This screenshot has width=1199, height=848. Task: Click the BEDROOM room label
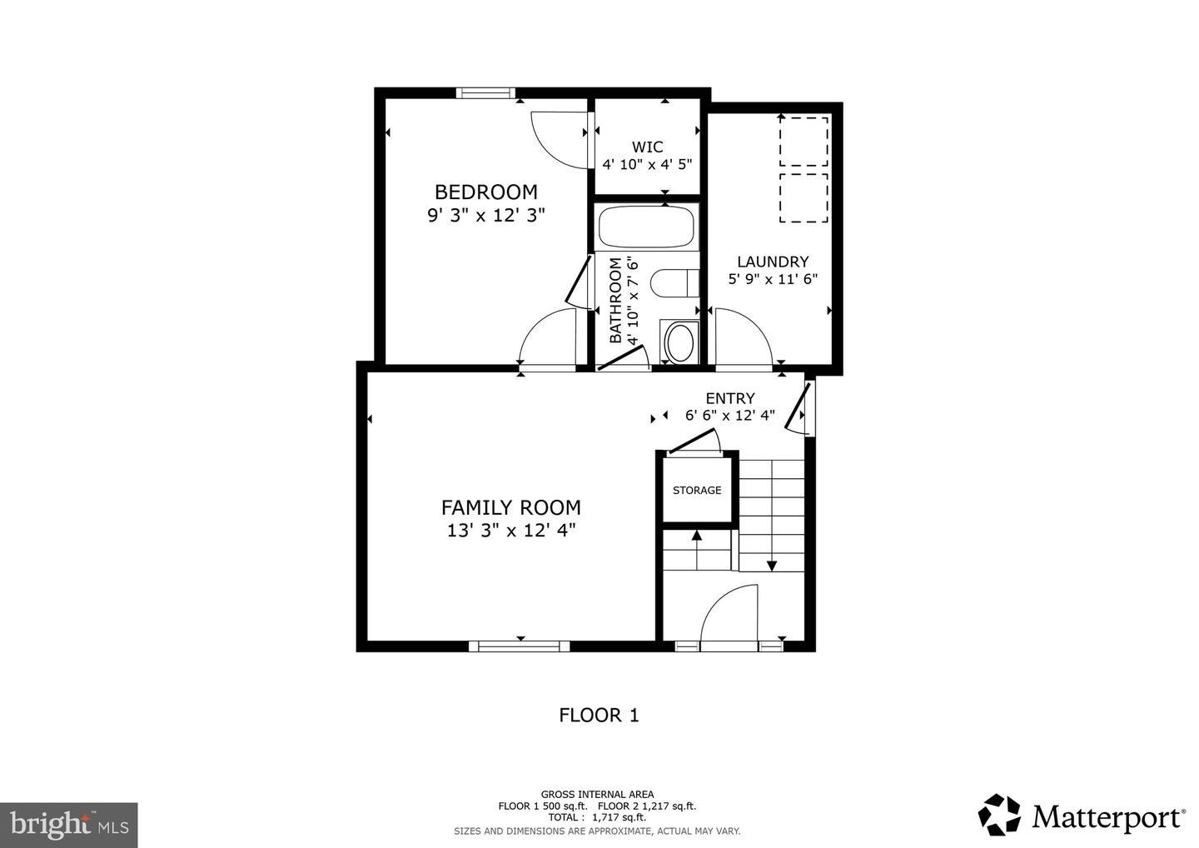coord(485,192)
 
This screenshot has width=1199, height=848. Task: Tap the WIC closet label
coord(647,147)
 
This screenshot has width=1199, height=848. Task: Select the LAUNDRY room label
coord(773,262)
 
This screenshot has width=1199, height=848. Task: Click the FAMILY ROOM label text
coord(510,507)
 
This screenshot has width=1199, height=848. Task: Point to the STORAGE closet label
coord(697,491)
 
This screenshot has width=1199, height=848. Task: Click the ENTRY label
coord(730,398)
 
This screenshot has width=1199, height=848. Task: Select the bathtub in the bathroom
coord(647,227)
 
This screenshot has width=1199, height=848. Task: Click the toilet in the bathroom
coord(673,283)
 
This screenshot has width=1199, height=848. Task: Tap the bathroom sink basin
coord(679,342)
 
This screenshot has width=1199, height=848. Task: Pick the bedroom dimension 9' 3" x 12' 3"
coord(485,215)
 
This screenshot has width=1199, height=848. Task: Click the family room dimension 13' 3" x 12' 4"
coord(510,530)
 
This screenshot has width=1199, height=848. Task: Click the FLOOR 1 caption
coord(599,715)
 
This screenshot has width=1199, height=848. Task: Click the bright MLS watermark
coord(68,825)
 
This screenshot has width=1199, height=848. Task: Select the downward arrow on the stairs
coord(772,565)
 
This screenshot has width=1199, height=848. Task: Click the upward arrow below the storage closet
coord(697,536)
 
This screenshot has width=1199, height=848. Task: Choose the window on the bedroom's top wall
coord(485,92)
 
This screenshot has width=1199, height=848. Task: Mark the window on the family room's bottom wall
coord(519,646)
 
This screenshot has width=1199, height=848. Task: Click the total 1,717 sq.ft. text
coord(597,818)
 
